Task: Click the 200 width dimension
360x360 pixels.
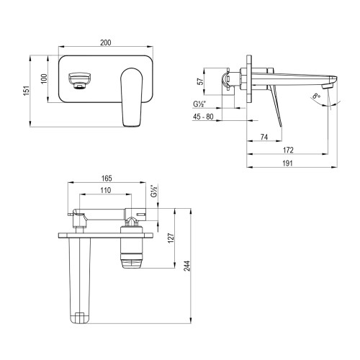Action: tap(106, 44)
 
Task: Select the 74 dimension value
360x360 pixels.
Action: tap(264, 137)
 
